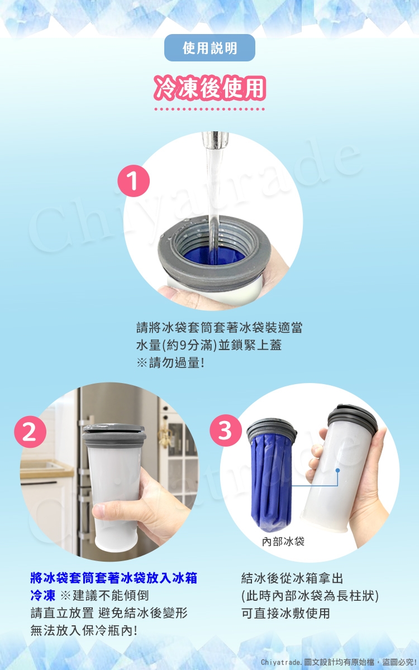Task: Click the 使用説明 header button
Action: [x=209, y=48]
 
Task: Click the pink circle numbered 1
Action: [x=134, y=181]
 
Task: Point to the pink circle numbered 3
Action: [x=226, y=430]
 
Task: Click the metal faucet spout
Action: [x=215, y=140]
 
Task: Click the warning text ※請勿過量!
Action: [x=170, y=363]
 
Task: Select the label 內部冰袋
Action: [x=283, y=542]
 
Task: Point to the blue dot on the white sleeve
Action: [x=337, y=471]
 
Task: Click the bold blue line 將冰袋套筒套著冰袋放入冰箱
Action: [x=114, y=578]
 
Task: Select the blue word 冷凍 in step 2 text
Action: [x=43, y=596]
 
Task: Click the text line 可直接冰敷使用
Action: [x=285, y=613]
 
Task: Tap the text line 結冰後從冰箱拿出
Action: [x=292, y=578]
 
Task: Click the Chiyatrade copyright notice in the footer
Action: [x=339, y=662]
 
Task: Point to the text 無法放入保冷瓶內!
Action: [x=84, y=631]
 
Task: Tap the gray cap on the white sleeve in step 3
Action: [x=353, y=417]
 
